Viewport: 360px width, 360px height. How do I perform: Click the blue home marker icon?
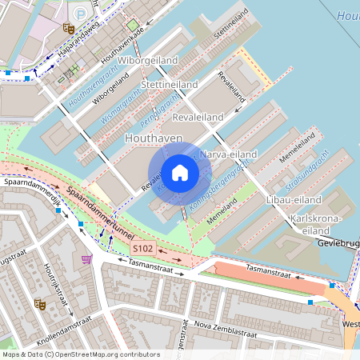(180, 173)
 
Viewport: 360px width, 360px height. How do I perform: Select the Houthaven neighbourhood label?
(154, 139)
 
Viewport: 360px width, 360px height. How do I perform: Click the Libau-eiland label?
(294, 199)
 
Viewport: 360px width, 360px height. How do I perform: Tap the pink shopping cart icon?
(86, 258)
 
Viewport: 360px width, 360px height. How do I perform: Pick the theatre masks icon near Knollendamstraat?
(38, 304)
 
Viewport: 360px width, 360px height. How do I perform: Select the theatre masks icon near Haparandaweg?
(69, 27)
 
